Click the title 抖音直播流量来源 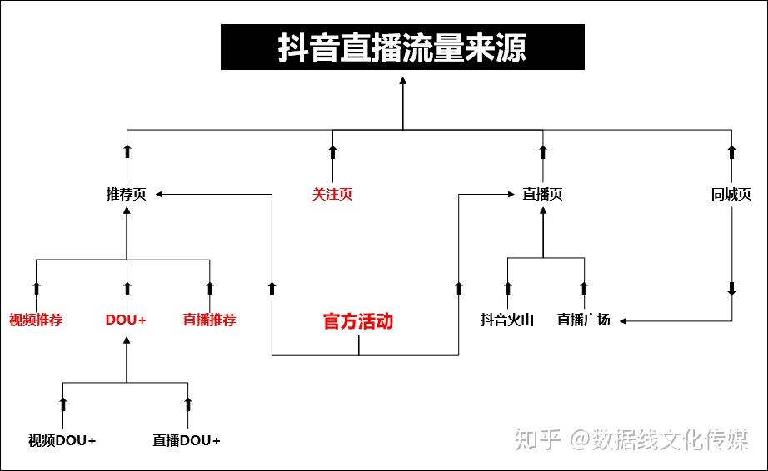[402, 47]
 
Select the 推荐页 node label [127, 194]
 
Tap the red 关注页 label [332, 194]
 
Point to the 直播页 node [542, 194]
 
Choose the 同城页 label [731, 194]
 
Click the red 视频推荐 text [36, 320]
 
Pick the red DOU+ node [126, 320]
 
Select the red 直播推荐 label [210, 320]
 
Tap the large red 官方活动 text [358, 321]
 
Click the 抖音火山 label [507, 320]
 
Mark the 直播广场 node [583, 320]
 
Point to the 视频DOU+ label [62, 441]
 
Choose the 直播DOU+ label [187, 441]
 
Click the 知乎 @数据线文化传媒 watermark [631, 439]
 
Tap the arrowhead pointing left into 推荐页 [159, 194]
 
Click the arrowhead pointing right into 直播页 [511, 194]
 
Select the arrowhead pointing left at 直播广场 [623, 321]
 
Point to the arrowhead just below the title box [402, 80]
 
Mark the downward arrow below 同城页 [731, 289]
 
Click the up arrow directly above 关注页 [332, 151]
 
